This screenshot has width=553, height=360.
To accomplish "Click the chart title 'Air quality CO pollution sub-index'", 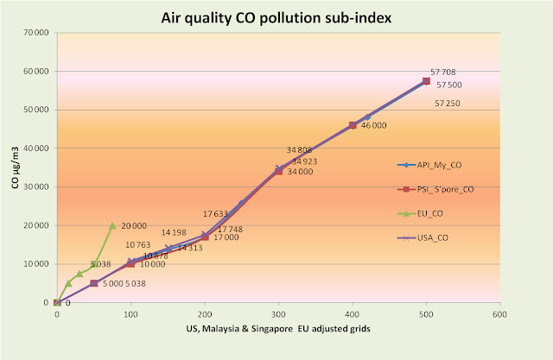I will tap(276, 17).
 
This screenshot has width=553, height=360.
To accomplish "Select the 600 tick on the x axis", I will tap(500, 314).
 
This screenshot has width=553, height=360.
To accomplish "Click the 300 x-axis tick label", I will tap(278, 314).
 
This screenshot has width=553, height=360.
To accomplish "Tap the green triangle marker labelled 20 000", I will tap(112, 225).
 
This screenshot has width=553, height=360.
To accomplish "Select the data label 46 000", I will tap(373, 125).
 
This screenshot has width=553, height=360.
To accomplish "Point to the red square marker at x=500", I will tap(426, 80).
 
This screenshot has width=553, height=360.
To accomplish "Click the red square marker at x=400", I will tap(353, 125).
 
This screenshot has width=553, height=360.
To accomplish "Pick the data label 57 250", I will tap(447, 103).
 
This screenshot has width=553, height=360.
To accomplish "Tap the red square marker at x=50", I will tap(93, 283).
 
